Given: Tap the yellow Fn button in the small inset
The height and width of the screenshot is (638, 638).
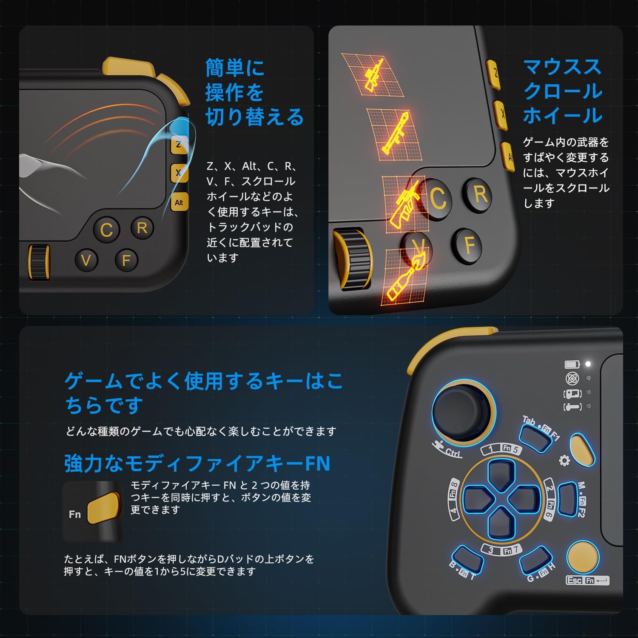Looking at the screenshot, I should [103, 509].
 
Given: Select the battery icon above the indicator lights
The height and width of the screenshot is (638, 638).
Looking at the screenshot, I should [572, 365].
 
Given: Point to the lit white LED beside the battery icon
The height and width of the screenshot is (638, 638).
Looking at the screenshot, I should [588, 364].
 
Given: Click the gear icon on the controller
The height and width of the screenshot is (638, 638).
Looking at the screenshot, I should [564, 460].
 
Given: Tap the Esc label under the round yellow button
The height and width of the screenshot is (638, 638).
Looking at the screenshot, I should [574, 580].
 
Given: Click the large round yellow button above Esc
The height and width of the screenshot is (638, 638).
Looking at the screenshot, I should [583, 557].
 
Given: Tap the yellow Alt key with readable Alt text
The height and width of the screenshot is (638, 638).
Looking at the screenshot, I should [179, 202].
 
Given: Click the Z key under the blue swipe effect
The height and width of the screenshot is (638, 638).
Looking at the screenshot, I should [179, 145].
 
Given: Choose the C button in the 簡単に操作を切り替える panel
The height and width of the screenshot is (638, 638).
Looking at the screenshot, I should [106, 230].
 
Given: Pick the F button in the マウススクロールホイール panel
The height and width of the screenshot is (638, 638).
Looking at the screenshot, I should [470, 245].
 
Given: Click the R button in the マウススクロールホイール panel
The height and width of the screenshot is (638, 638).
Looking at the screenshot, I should [480, 194].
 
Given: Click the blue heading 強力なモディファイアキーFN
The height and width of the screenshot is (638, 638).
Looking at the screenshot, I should [197, 463].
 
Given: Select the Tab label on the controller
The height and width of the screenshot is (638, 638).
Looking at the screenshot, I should [529, 421].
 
